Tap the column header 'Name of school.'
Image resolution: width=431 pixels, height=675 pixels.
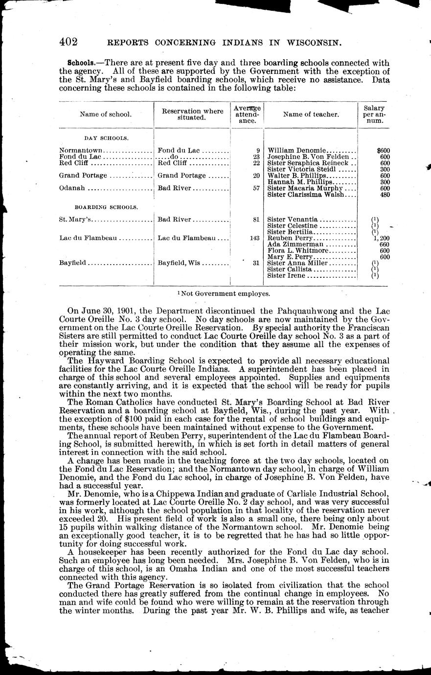pos(106,114)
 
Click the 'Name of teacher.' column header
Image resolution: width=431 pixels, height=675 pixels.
pos(311,114)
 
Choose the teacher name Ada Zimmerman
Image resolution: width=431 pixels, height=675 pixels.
pos(295,244)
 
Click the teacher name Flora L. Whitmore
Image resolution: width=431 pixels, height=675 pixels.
pos(298,250)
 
